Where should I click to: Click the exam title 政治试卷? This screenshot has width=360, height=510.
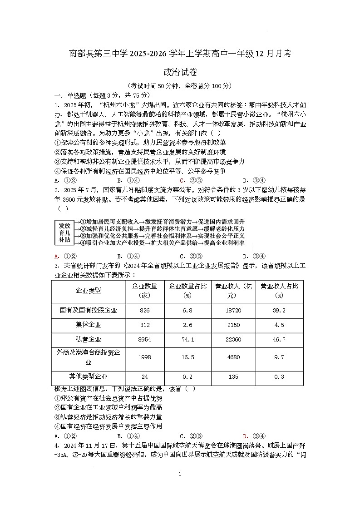point(180,72)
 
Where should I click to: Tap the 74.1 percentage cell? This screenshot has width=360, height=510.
point(187,339)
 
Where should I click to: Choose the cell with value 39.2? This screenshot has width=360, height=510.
point(279,311)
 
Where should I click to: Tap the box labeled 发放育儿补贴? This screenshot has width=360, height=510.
point(64,232)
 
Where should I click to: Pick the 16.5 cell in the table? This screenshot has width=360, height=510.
point(187,357)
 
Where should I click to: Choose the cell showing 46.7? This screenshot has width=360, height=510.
point(279,339)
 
